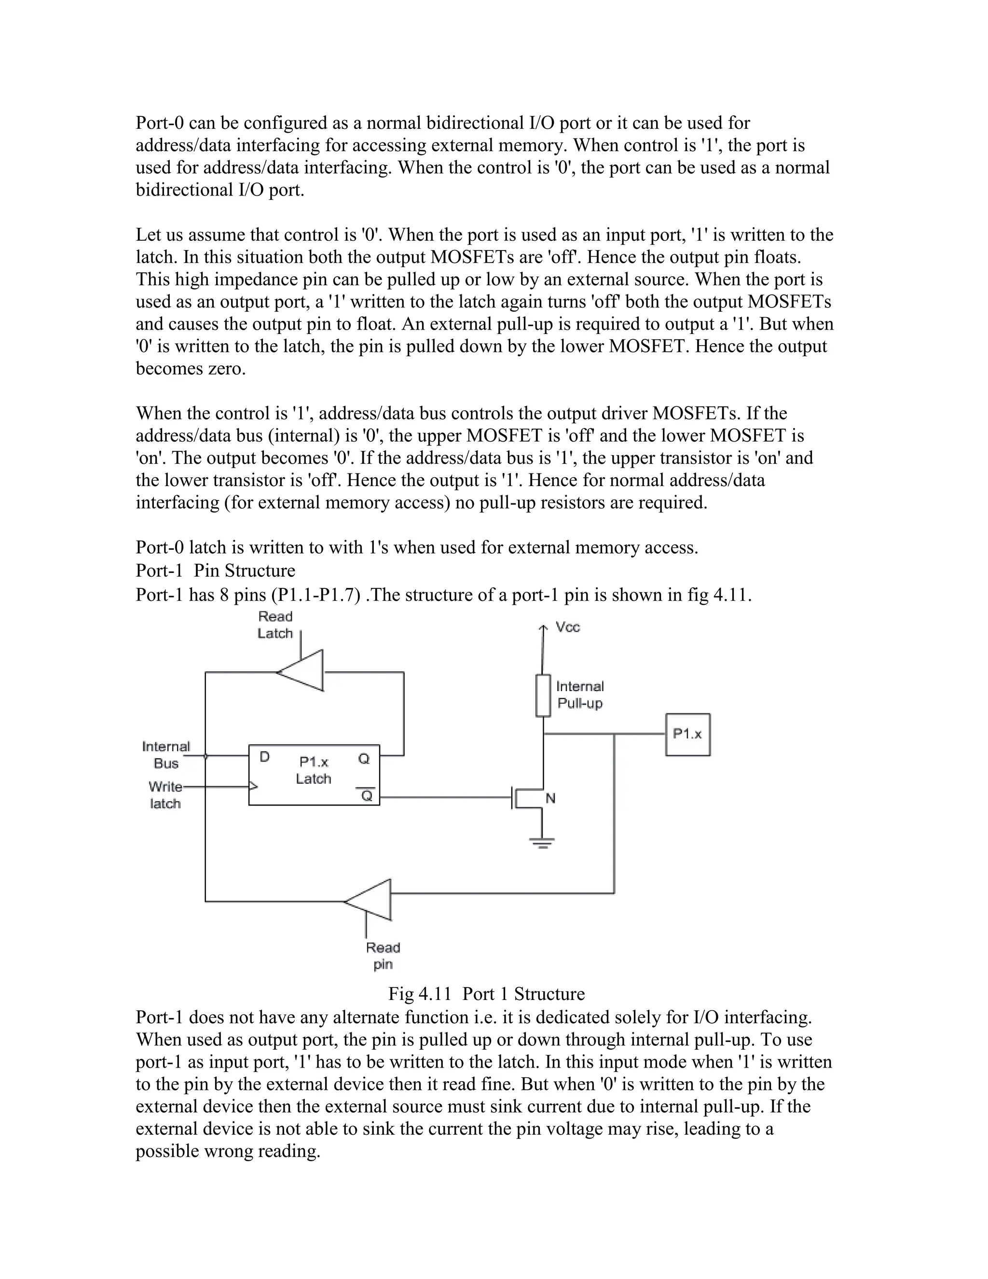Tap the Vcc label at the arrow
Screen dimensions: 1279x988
(x=567, y=627)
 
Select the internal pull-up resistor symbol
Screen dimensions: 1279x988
(x=543, y=695)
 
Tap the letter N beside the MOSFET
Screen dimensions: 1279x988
(x=550, y=798)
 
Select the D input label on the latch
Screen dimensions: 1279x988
(x=264, y=757)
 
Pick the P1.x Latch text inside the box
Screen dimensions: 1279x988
(x=314, y=770)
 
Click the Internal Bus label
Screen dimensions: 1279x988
(x=166, y=754)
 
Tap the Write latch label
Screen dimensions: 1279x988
(x=165, y=795)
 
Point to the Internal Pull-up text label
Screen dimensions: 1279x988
(x=579, y=695)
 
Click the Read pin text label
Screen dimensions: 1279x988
(x=383, y=956)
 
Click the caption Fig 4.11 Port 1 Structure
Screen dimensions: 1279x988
(x=486, y=994)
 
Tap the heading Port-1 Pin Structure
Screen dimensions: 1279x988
(x=215, y=570)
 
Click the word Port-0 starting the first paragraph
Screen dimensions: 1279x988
(x=160, y=123)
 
